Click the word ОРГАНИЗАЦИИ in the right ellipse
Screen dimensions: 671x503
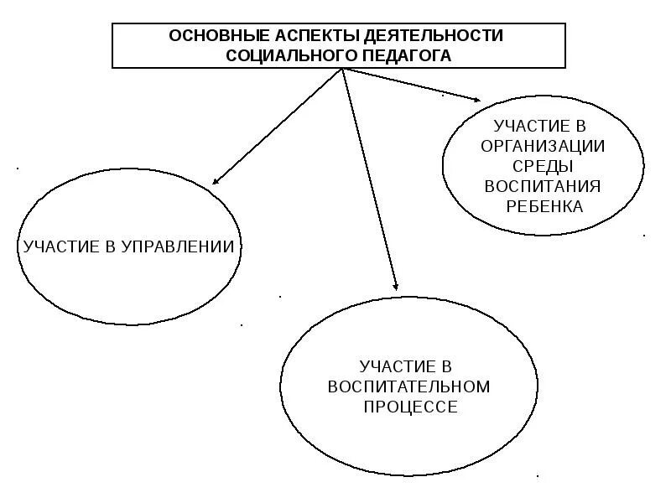click(544, 145)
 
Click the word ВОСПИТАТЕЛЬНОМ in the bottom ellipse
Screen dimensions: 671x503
click(408, 387)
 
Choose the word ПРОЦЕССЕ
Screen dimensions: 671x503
click(409, 407)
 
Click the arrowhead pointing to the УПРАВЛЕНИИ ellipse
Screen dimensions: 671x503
click(216, 180)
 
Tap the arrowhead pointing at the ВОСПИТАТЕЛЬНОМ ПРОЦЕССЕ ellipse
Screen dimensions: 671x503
click(394, 287)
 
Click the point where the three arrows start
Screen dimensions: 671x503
click(342, 70)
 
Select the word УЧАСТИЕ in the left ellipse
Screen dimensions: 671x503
click(59, 246)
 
